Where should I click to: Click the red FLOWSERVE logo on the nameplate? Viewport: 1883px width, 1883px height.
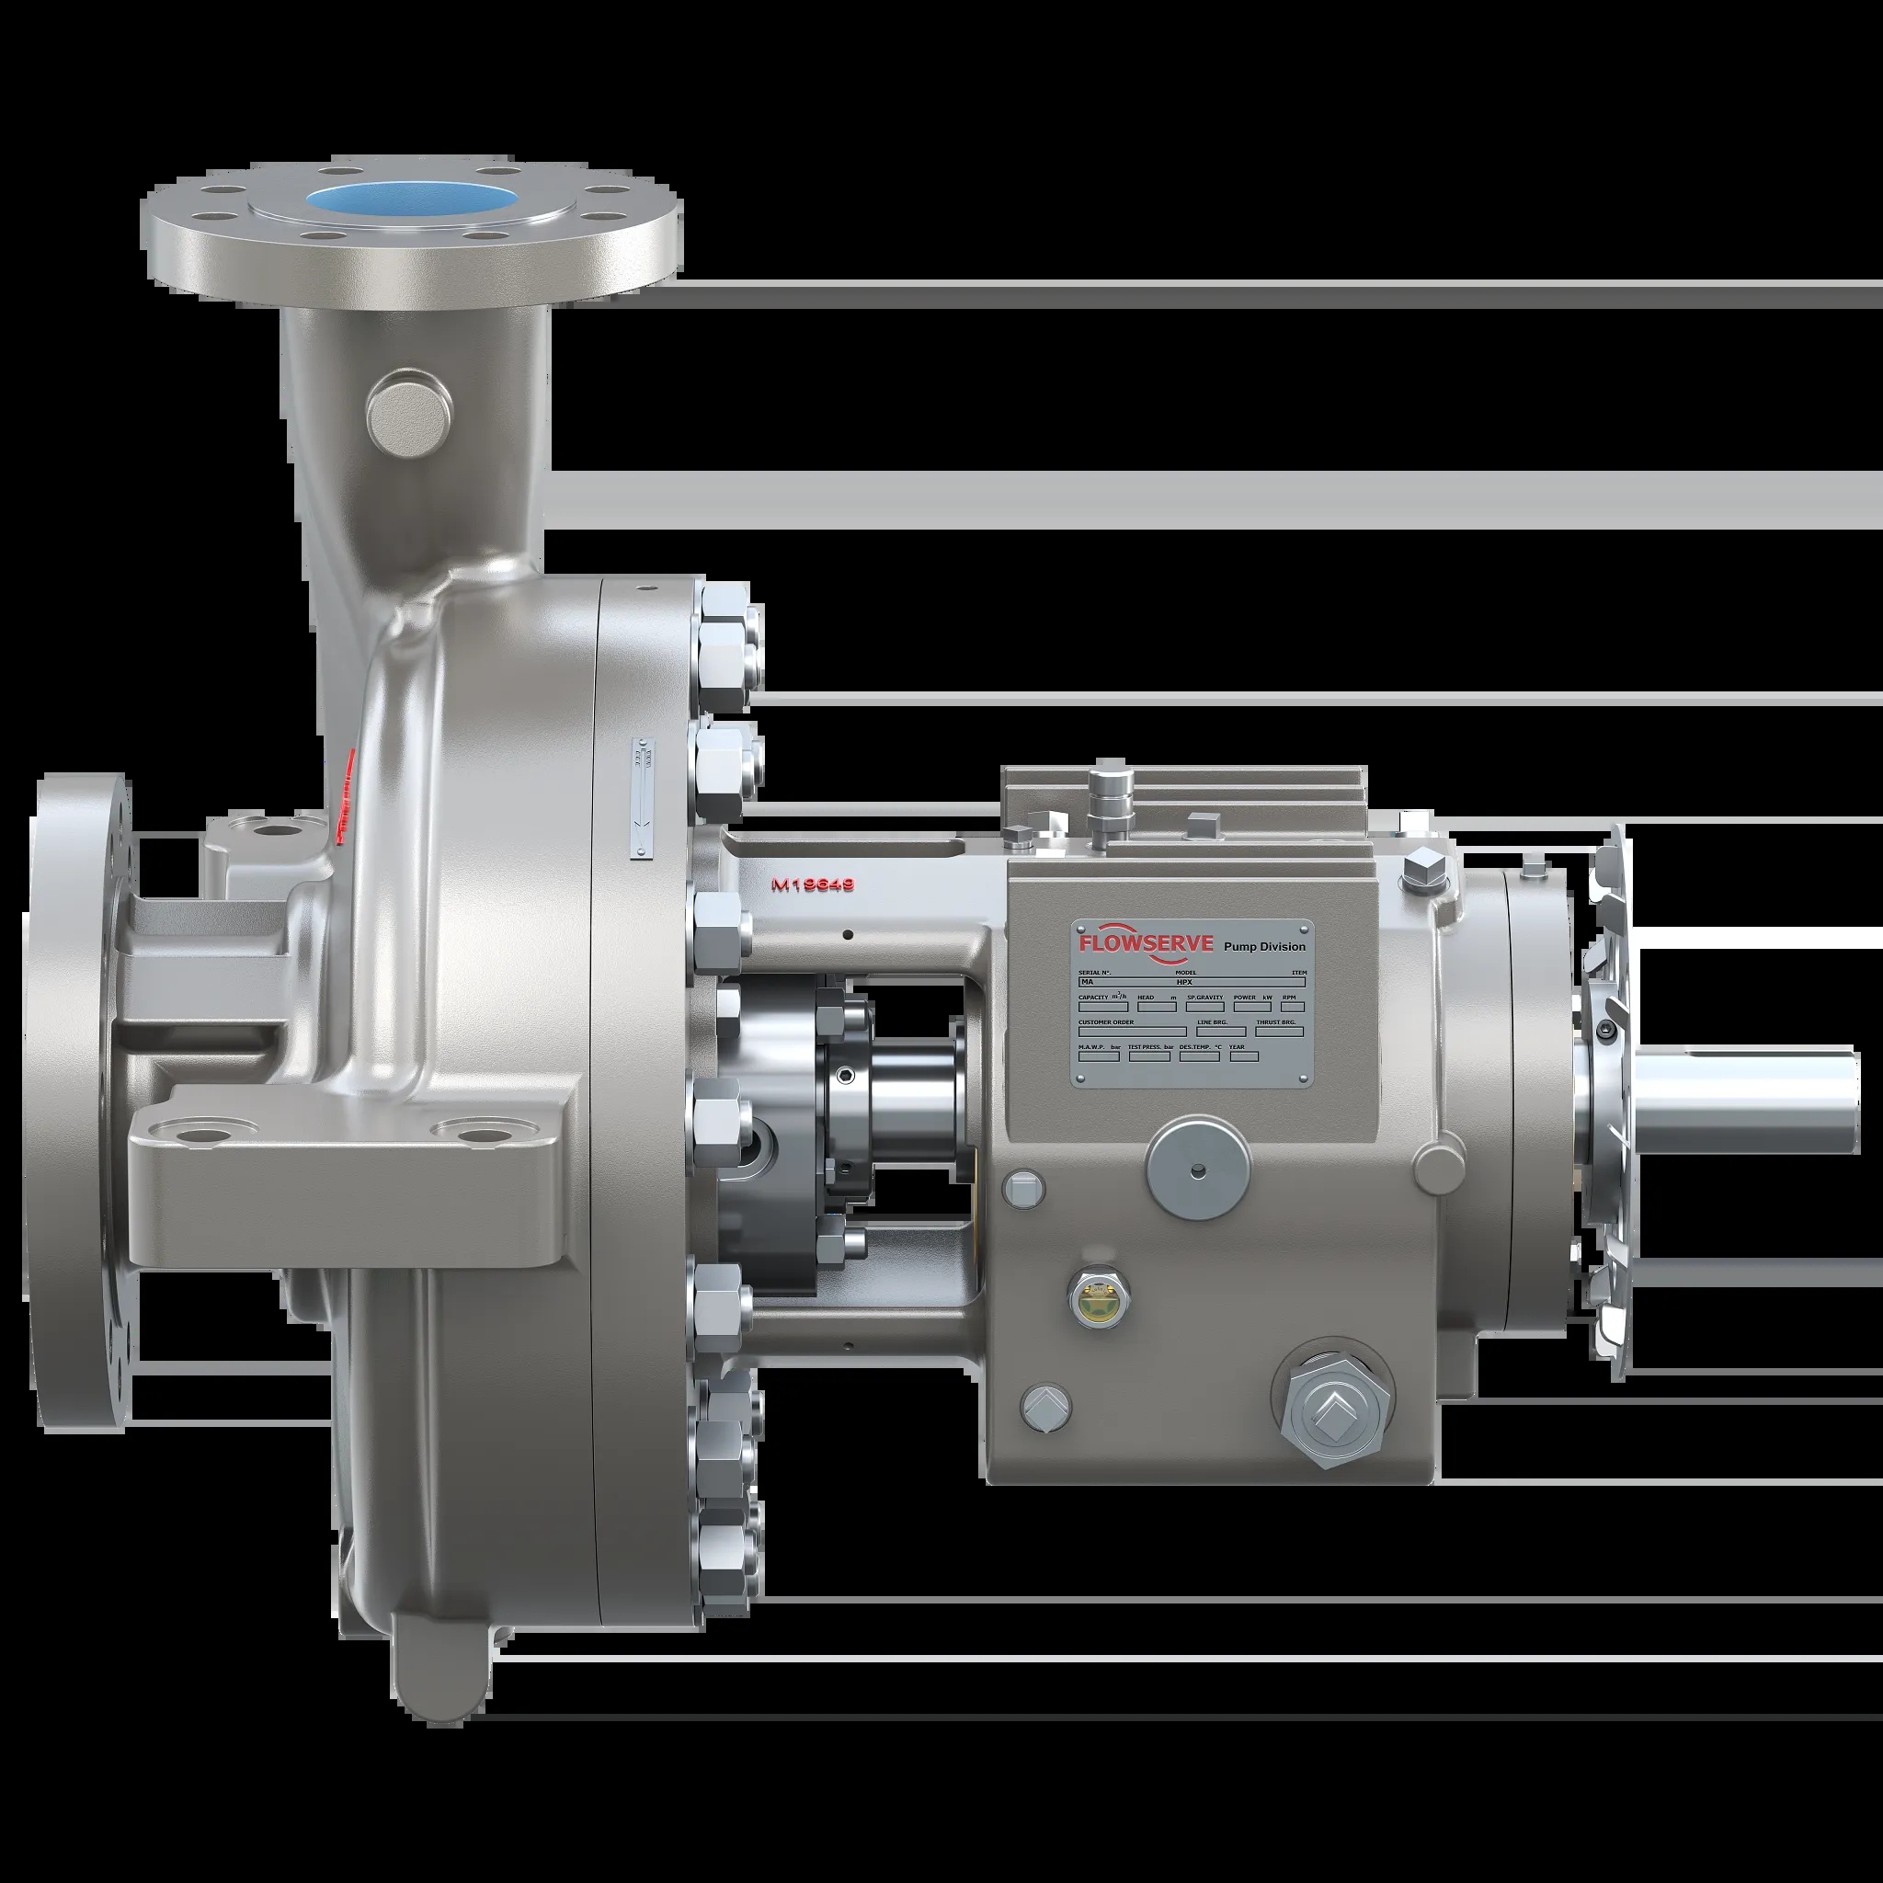coord(1146,943)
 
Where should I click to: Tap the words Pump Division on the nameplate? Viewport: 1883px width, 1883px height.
coord(1263,946)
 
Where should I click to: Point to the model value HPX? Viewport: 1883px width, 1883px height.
coord(1184,983)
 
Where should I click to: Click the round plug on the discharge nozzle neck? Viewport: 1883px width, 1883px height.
coord(410,416)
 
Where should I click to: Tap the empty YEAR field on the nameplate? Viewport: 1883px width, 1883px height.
coord(1244,1056)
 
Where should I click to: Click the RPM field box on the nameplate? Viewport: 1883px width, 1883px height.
coord(1293,1007)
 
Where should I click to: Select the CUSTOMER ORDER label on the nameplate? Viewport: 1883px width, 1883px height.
coord(1106,1022)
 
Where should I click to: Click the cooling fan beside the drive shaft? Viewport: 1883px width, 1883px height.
coord(1603,1101)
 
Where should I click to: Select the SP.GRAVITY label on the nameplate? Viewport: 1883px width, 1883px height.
coord(1204,997)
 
